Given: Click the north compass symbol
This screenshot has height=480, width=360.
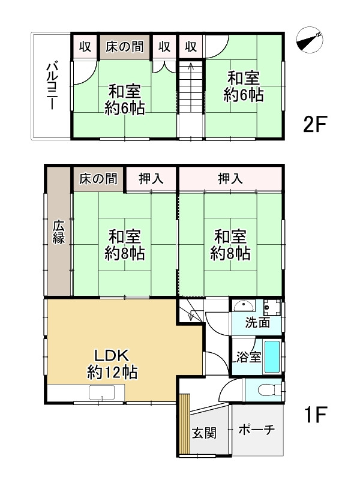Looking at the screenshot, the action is [310, 40].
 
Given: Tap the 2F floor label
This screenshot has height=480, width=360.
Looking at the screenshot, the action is [315, 124].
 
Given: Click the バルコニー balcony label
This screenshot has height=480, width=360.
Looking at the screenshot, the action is [51, 86].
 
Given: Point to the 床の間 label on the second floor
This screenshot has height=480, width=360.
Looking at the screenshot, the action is [125, 47].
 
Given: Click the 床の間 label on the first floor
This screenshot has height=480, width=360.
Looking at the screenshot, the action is [98, 179].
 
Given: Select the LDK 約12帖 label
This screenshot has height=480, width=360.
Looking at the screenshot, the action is [112, 364].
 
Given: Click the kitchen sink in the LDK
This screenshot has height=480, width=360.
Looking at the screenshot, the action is [101, 393].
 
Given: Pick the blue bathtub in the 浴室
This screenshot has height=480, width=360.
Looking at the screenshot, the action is [272, 356].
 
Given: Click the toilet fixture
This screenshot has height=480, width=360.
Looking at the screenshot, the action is [269, 390].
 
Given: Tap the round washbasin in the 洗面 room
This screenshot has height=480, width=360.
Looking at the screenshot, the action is [244, 305].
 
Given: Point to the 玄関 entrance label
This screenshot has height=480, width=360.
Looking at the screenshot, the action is [204, 433].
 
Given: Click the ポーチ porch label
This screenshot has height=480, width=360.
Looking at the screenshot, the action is [257, 430].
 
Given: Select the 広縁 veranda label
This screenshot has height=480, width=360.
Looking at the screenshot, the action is [58, 232].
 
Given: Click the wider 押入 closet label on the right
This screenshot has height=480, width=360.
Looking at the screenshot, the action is [230, 179].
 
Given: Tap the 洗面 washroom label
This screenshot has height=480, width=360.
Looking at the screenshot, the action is [257, 322].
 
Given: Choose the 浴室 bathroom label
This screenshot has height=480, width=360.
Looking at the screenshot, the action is [248, 357].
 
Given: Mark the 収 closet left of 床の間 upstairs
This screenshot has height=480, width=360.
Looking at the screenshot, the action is [85, 47].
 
